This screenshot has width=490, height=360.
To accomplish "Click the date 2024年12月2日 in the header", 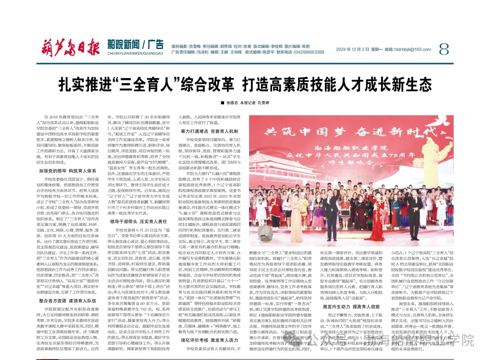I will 353,49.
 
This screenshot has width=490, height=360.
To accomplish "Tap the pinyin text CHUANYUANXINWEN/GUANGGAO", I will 136,53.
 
